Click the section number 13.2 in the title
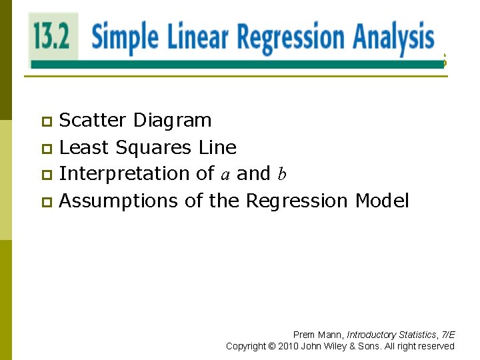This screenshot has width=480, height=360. [53, 36]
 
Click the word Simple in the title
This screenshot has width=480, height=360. [125, 37]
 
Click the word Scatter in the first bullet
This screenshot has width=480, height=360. [93, 120]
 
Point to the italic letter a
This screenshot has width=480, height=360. [225, 175]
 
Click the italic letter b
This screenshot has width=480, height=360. [282, 174]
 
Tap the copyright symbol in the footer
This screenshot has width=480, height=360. [271, 346]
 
